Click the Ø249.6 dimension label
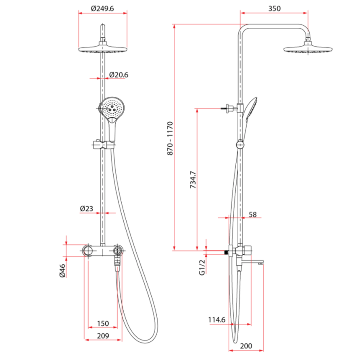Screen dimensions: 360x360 click(102, 8)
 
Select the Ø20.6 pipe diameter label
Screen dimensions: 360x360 click(119, 75)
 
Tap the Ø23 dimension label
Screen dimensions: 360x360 click(87, 208)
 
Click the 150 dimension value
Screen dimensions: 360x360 click(103, 323)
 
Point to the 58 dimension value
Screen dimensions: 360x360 click(253, 215)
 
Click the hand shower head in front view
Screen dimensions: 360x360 click(112, 108)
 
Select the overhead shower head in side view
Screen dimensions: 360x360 click(309, 49)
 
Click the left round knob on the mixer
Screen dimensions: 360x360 click(88, 251)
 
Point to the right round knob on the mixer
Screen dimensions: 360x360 click(118, 251)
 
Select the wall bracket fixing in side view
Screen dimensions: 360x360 click(230, 108)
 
